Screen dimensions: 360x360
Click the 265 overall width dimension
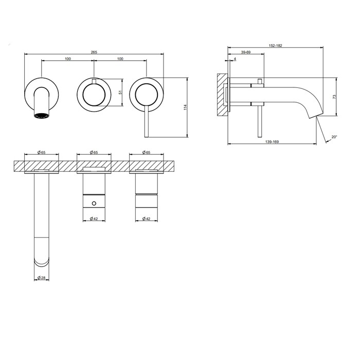click(94, 52)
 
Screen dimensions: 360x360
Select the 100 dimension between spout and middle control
click(68, 59)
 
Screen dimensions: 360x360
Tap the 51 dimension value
click(120, 93)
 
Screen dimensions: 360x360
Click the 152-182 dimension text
click(275, 46)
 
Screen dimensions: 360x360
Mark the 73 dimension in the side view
click(334, 97)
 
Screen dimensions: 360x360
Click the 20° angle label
click(334, 137)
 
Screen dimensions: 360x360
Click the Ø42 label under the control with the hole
click(94, 219)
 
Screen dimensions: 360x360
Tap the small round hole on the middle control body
click(94, 204)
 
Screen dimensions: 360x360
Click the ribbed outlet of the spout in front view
click(42, 117)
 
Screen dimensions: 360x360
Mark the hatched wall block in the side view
click(222, 94)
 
